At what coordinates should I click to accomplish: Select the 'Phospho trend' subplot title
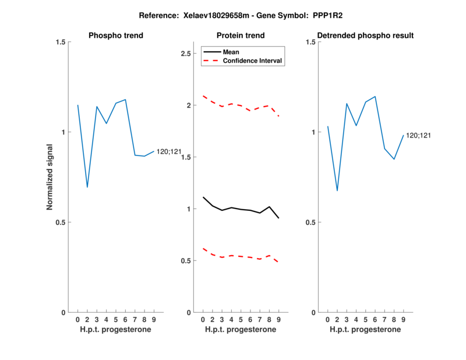(x=116, y=36)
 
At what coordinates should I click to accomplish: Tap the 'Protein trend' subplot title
(x=241, y=36)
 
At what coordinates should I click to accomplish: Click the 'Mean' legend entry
(x=231, y=52)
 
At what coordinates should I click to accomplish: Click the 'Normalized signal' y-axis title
(x=50, y=177)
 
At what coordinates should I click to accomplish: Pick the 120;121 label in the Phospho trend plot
(x=169, y=152)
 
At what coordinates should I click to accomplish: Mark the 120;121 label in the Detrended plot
(x=418, y=136)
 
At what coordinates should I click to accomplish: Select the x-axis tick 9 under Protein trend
(x=278, y=320)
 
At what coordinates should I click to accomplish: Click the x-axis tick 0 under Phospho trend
(x=77, y=320)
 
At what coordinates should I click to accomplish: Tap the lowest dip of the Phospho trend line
(x=87, y=187)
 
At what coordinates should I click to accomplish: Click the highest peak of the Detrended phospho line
(x=375, y=97)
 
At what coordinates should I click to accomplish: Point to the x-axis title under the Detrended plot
(x=365, y=330)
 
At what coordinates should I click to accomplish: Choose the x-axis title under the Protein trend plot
(x=241, y=330)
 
